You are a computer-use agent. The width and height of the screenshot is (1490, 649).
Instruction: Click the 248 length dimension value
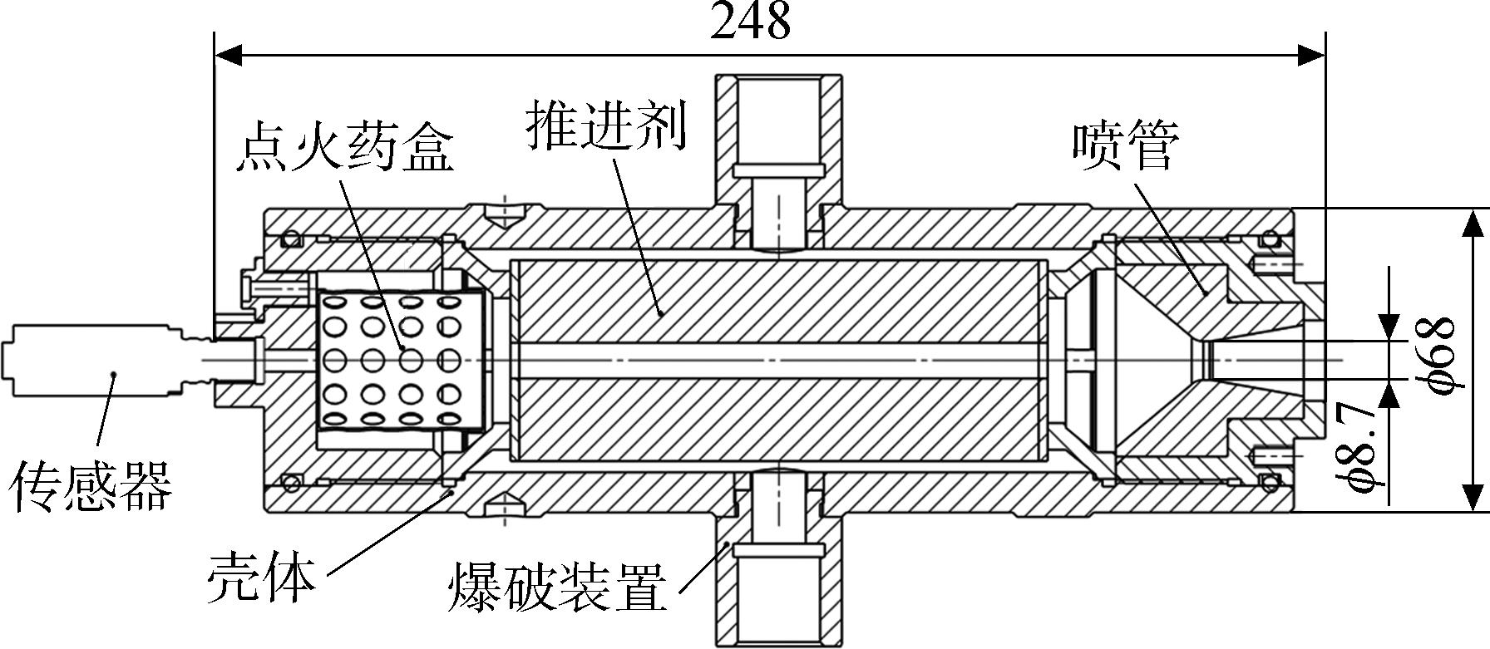[x=750, y=20]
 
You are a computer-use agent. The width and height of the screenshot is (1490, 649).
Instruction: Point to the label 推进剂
[x=606, y=127]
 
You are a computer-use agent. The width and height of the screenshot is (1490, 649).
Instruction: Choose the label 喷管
[x=1125, y=146]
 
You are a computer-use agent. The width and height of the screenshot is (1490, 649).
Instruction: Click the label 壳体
[x=261, y=576]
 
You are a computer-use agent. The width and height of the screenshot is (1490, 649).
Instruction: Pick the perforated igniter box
[x=402, y=360]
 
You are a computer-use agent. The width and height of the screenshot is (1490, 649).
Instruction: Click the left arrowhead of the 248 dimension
[x=229, y=56]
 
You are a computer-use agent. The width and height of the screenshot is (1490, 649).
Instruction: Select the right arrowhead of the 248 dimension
[x=1310, y=56]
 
